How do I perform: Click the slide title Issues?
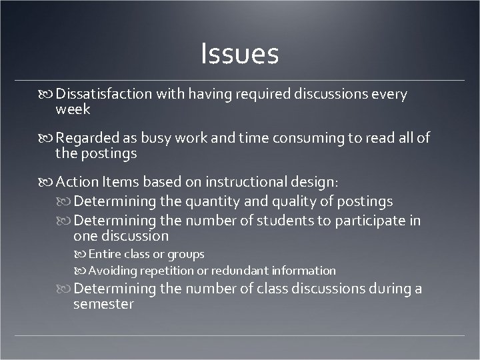click(x=239, y=54)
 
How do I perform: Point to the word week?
click(x=73, y=109)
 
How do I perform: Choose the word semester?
click(x=103, y=305)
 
